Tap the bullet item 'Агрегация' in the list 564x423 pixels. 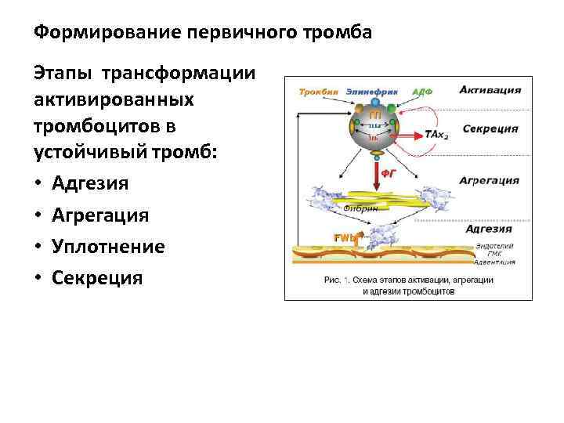(99, 215)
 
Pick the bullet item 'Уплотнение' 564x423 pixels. (108, 246)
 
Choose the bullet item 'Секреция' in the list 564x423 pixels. (97, 277)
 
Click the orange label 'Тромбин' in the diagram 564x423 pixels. (318, 91)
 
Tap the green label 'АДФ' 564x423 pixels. (422, 91)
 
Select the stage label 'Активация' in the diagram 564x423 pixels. (490, 89)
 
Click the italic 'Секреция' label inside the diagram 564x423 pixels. (490, 128)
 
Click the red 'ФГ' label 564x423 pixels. (388, 176)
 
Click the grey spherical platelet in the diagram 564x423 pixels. (374, 128)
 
